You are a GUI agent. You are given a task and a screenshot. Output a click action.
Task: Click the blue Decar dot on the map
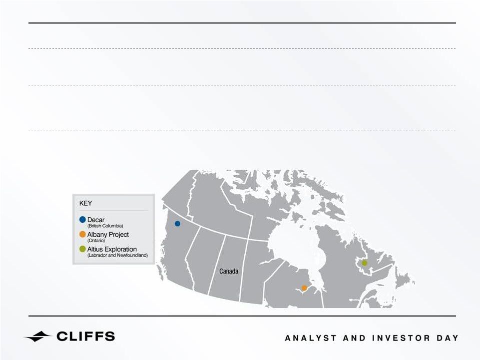[177, 224]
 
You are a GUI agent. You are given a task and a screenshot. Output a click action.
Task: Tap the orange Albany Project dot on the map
[304, 288]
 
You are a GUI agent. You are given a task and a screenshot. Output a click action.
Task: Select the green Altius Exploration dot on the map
[364, 263]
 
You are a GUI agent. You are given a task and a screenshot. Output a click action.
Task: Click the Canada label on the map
[229, 271]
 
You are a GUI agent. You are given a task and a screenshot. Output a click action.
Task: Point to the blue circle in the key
[82, 220]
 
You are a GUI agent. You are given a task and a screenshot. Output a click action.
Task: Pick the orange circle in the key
[82, 234]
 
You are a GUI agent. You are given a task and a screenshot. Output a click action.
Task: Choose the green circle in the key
[82, 249]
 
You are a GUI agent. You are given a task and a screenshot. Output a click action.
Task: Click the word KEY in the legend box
[85, 203]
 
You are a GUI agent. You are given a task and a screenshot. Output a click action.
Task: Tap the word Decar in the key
[96, 220]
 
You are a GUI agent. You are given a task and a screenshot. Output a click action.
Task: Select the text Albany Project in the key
[108, 235]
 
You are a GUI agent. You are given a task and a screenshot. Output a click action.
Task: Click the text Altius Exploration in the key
[112, 249]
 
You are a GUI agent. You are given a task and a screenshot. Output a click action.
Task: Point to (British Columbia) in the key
[105, 226]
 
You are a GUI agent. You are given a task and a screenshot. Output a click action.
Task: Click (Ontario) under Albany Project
[96, 241]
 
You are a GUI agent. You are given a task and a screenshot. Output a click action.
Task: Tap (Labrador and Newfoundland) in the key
[117, 255]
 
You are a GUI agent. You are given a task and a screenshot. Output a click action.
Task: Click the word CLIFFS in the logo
[86, 336]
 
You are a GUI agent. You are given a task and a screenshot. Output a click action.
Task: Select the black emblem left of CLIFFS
[38, 337]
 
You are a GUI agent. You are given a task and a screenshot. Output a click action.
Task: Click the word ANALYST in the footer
[311, 338]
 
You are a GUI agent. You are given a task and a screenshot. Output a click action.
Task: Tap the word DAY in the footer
[448, 338]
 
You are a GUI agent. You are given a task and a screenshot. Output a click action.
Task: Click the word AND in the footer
[355, 338]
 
